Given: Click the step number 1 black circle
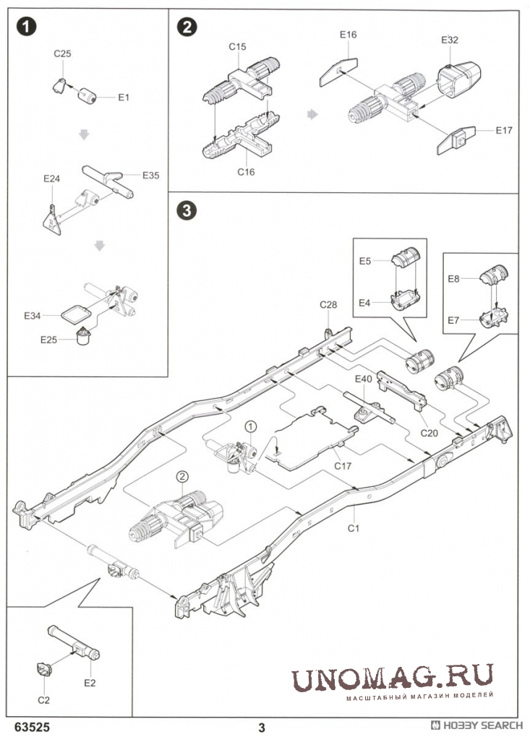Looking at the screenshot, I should click(27, 27).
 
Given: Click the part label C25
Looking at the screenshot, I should click(63, 53).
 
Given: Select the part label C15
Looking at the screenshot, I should click(238, 47).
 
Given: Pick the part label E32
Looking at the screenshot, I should click(449, 40).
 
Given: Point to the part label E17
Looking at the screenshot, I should click(504, 130).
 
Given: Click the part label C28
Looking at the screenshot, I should click(329, 305).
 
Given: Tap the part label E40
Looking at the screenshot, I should click(363, 378).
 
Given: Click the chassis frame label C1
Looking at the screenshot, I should click(354, 529).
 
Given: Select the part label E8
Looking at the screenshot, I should click(453, 277).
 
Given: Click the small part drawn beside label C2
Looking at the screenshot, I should click(43, 668).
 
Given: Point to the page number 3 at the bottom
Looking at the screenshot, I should click(262, 726).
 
